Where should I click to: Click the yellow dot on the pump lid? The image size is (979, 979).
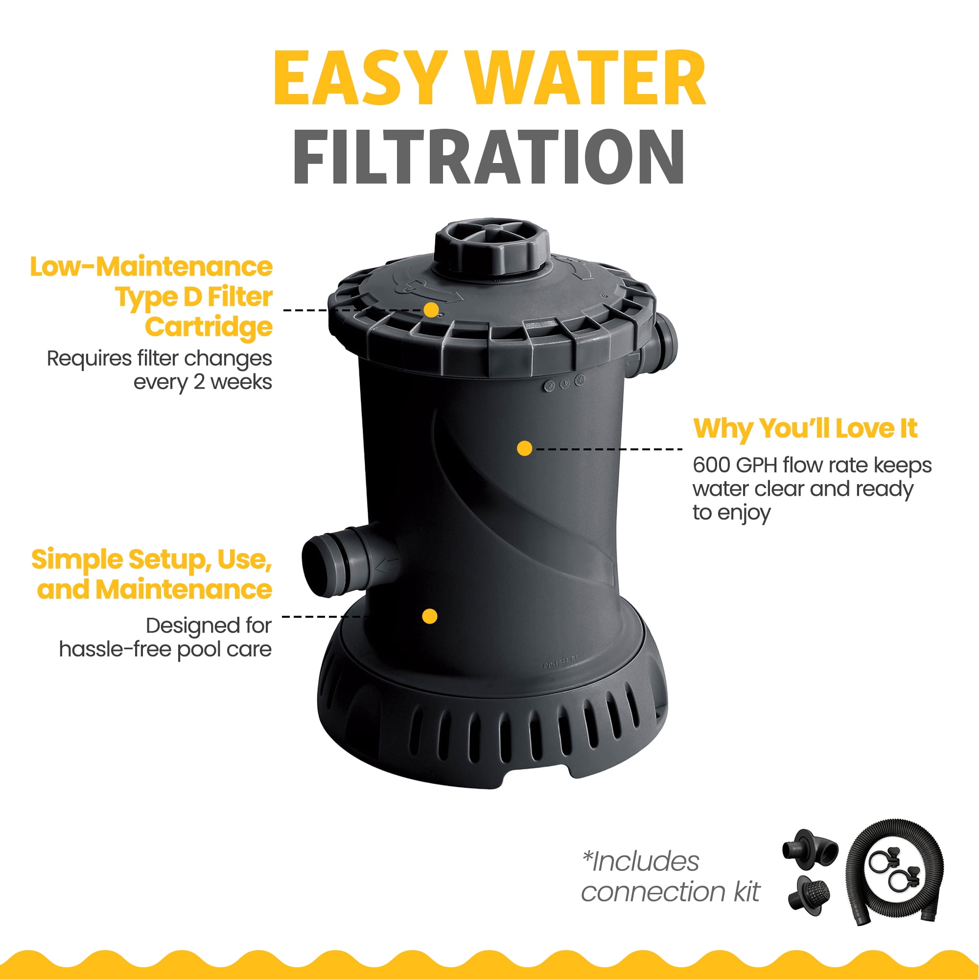[431, 310]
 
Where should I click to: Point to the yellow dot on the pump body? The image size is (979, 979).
[524, 448]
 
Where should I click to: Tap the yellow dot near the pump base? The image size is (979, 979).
[430, 616]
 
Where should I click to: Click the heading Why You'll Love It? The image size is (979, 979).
[805, 429]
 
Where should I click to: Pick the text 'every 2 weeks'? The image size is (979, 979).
[203, 382]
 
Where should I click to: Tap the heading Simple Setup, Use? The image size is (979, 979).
[152, 560]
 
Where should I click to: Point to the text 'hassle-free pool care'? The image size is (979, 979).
[165, 650]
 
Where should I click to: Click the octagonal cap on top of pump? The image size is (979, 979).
[491, 250]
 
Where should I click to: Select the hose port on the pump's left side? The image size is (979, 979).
[345, 560]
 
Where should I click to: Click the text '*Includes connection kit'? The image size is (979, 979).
[670, 877]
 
